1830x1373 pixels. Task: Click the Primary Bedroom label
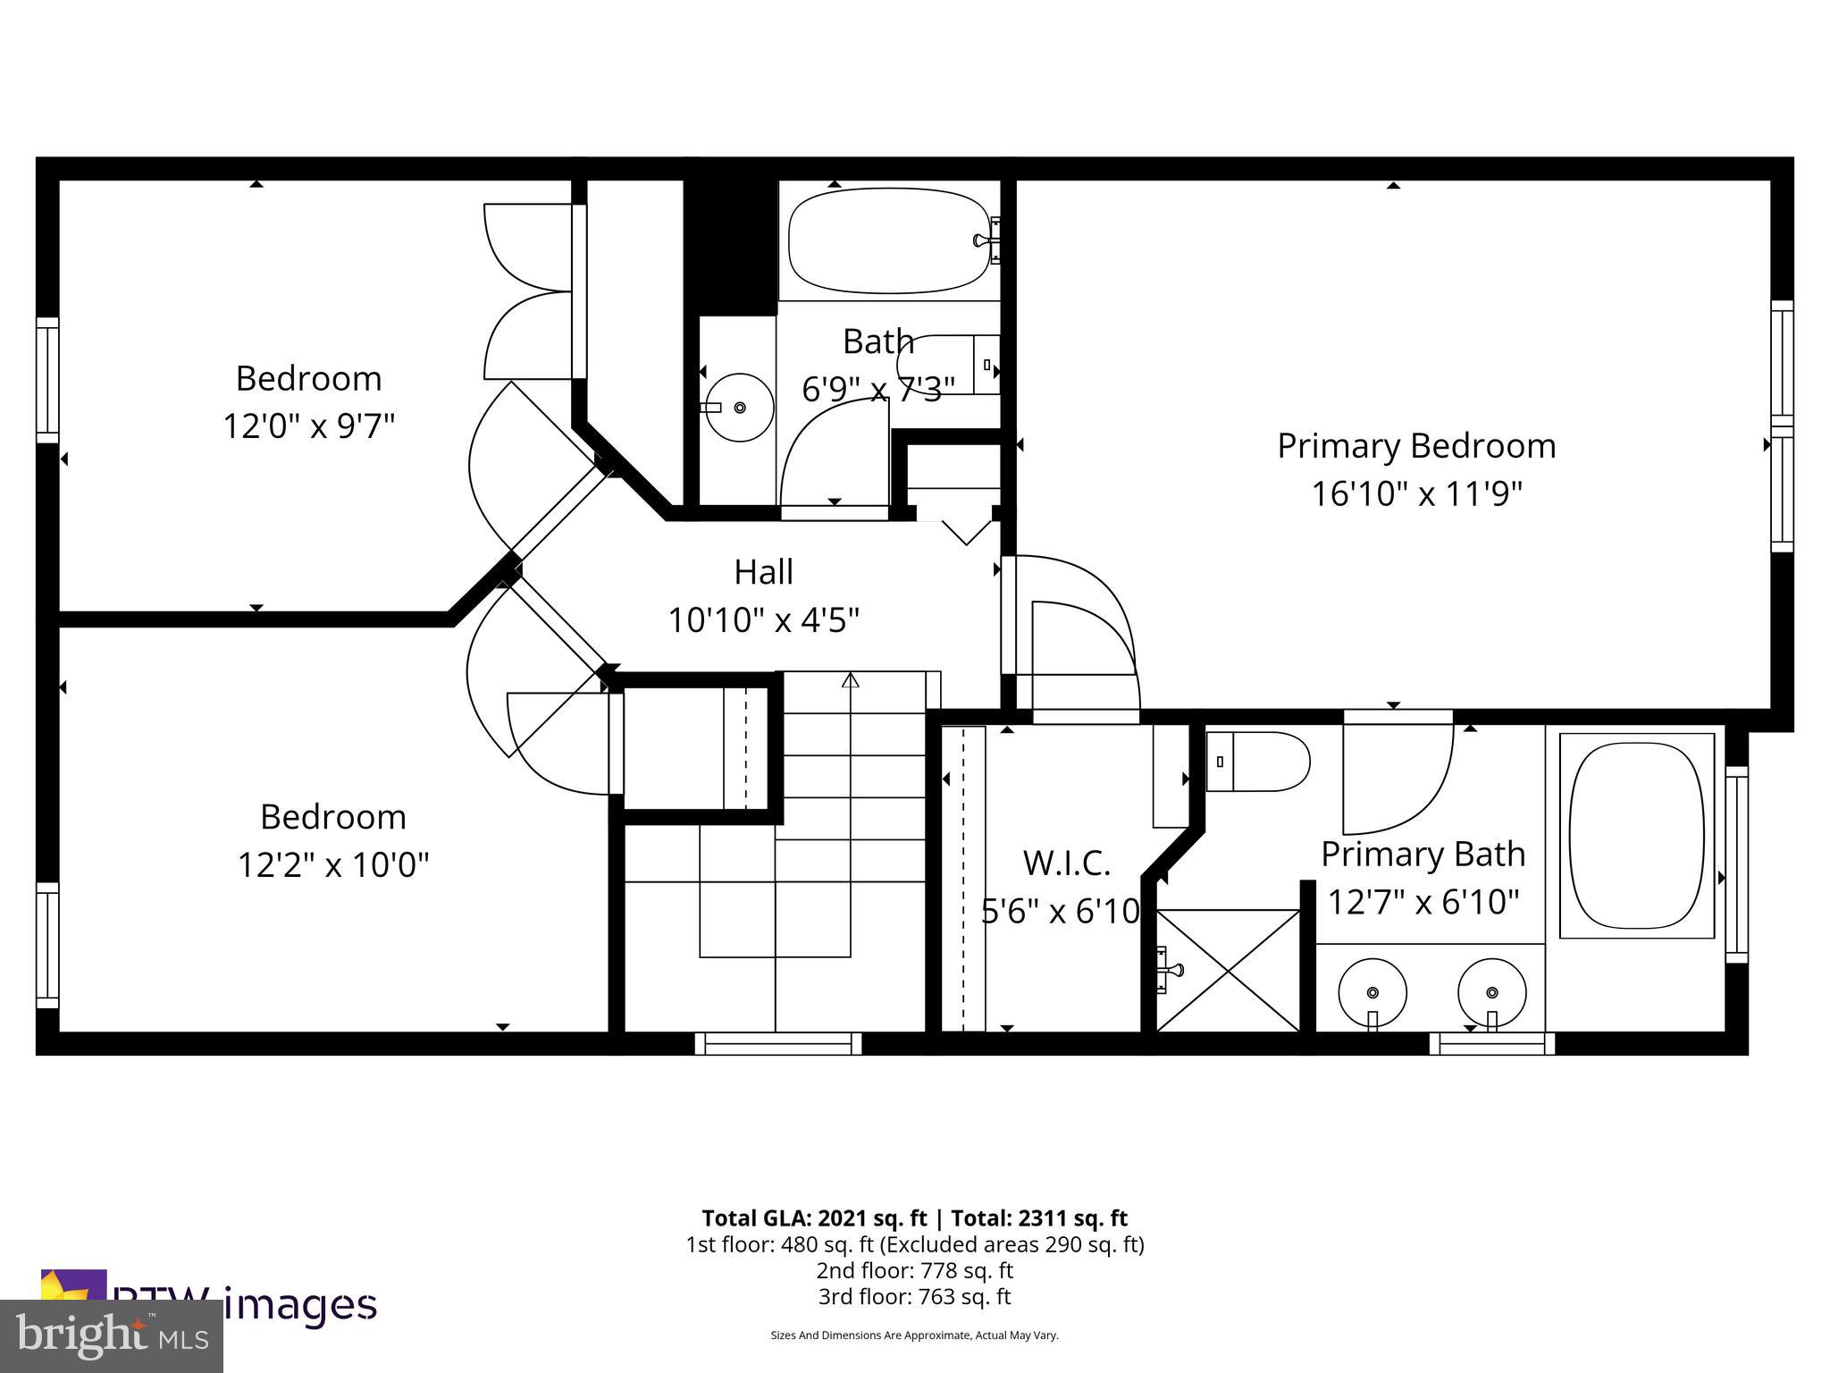pyautogui.click(x=1415, y=446)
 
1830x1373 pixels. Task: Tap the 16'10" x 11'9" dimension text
pyautogui.click(x=1415, y=493)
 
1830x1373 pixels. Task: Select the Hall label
pyautogui.click(x=763, y=572)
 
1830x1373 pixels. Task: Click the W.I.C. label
pyautogui.click(x=1066, y=863)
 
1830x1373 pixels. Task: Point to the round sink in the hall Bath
pyautogui.click(x=739, y=408)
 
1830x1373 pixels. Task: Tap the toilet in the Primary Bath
pyautogui.click(x=1258, y=762)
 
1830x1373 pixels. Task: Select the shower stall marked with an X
pyautogui.click(x=1228, y=971)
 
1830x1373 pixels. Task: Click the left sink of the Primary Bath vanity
pyautogui.click(x=1372, y=992)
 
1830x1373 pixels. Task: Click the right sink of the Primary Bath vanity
pyautogui.click(x=1491, y=992)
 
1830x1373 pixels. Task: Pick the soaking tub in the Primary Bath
pyautogui.click(x=1636, y=836)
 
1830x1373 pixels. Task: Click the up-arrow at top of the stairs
pyautogui.click(x=850, y=681)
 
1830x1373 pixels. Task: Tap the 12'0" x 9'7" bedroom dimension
pyautogui.click(x=308, y=426)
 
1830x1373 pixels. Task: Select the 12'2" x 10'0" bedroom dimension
pyautogui.click(x=332, y=865)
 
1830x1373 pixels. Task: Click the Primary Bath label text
pyautogui.click(x=1423, y=855)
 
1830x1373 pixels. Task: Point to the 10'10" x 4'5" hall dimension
pyautogui.click(x=763, y=619)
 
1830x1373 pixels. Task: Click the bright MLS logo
pyautogui.click(x=111, y=1335)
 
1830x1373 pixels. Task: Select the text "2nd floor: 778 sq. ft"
pyautogui.click(x=914, y=1270)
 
